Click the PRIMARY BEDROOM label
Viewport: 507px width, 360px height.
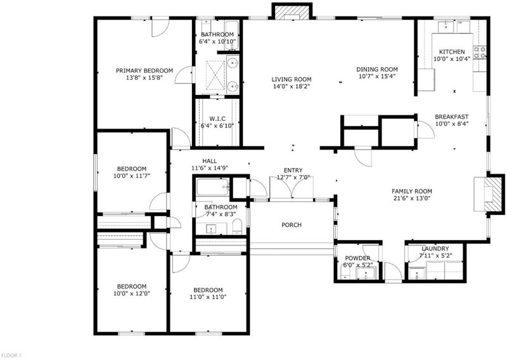pos(144,70)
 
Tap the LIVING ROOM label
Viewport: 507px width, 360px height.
pos(292,79)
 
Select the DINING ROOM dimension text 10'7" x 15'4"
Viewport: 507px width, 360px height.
pos(377,76)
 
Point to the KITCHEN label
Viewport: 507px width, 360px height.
pos(452,52)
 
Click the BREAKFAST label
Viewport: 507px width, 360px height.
pos(451,117)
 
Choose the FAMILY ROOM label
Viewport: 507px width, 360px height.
pos(411,191)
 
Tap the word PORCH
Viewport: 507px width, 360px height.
pos(292,225)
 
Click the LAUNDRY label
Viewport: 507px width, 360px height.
pos(435,248)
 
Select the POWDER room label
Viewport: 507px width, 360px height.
pos(357,258)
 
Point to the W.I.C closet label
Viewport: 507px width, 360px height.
pos(217,119)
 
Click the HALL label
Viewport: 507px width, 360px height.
pos(210,161)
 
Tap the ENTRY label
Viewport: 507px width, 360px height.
pos(293,170)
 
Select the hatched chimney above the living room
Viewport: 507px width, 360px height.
pos(292,12)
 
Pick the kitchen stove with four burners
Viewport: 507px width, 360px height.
pos(480,53)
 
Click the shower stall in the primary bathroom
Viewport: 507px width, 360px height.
pos(215,75)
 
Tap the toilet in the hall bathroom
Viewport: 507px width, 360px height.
pos(237,226)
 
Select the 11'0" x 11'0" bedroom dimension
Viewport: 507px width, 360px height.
pos(208,297)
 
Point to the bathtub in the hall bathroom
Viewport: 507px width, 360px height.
pos(213,187)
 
